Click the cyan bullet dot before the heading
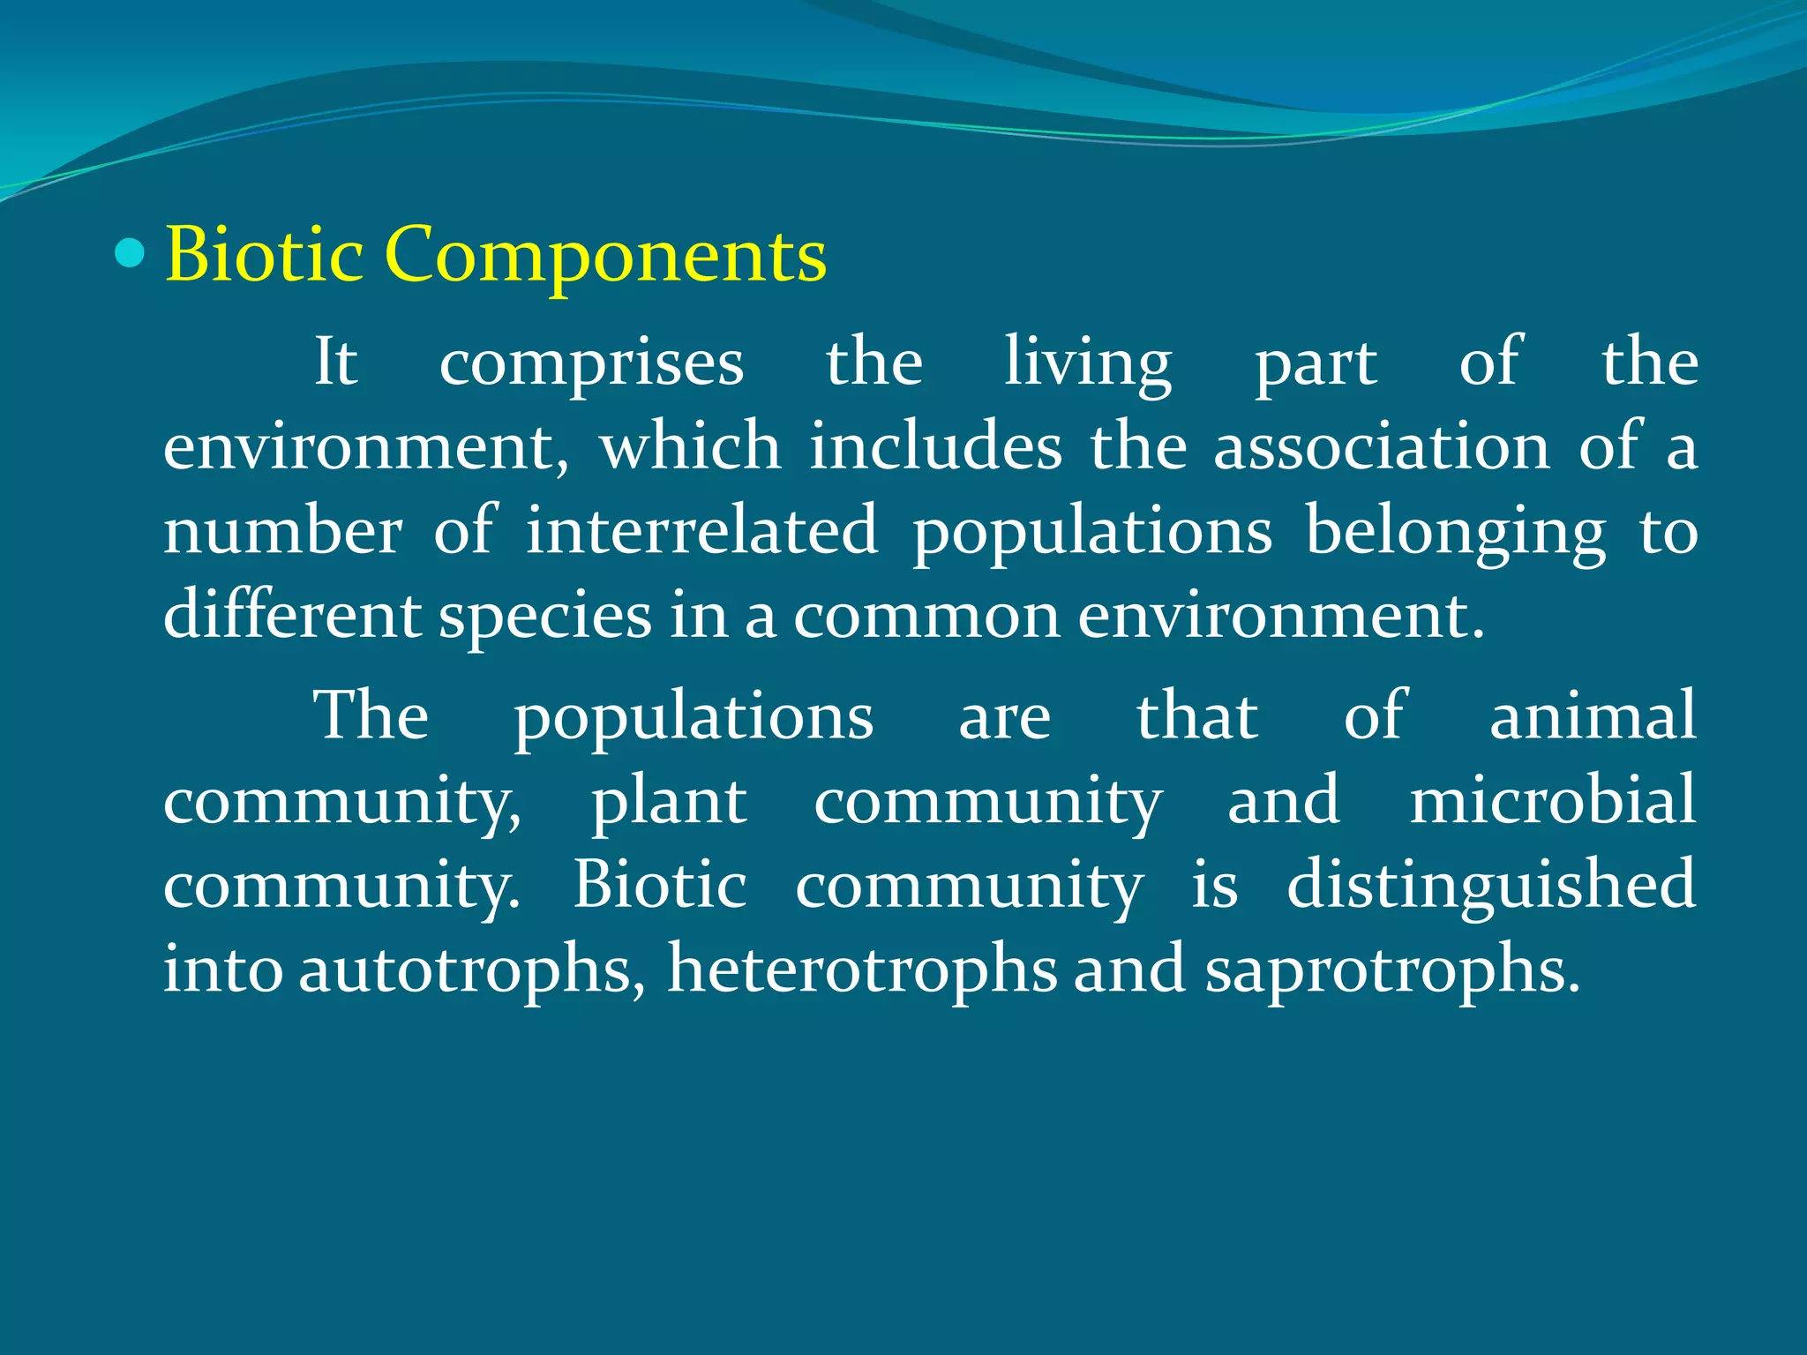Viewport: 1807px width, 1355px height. pyautogui.click(x=130, y=254)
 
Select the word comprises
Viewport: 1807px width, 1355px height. pyautogui.click(x=591, y=363)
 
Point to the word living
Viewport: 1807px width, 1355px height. pyautogui.click(x=1088, y=363)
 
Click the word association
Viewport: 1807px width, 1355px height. pyautogui.click(x=1381, y=446)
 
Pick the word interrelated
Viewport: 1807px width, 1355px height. pyautogui.click(x=701, y=531)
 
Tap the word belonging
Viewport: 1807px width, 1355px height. pyautogui.click(x=1455, y=533)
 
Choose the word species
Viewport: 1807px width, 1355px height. pyautogui.click(x=544, y=616)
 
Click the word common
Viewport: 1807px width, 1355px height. pyautogui.click(x=926, y=616)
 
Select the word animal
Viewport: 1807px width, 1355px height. pyautogui.click(x=1593, y=715)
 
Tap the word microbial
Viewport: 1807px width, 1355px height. pyautogui.click(x=1552, y=800)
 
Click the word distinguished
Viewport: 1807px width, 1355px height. pyautogui.click(x=1490, y=885)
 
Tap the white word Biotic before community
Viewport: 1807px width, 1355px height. pyautogui.click(x=659, y=885)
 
